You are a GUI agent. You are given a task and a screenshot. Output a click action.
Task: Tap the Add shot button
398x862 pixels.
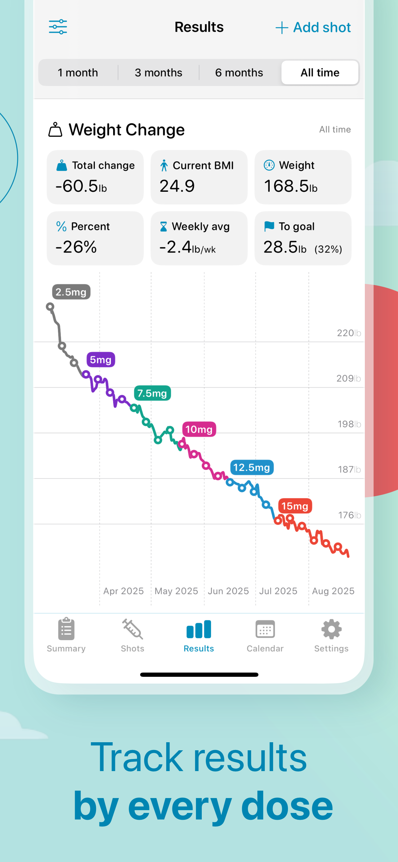(x=313, y=27)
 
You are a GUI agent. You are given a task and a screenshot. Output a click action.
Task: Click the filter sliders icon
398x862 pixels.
(x=58, y=27)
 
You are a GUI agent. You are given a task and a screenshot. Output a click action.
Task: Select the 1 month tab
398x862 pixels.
(x=78, y=73)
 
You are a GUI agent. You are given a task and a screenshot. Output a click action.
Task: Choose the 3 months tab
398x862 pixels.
(x=158, y=73)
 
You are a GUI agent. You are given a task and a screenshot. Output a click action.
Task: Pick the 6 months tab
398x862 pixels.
(x=239, y=73)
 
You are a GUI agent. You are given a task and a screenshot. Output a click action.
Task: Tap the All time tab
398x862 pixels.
(x=320, y=73)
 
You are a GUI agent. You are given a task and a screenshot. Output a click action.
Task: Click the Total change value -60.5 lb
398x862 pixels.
(x=81, y=186)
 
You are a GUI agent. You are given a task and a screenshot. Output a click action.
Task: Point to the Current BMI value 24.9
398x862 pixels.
(x=177, y=186)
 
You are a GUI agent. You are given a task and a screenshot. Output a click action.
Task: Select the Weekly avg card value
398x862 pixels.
(x=187, y=247)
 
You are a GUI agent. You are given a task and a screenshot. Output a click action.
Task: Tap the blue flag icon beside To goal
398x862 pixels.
(x=269, y=226)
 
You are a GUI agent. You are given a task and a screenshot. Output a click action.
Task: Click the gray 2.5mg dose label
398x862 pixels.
(x=71, y=292)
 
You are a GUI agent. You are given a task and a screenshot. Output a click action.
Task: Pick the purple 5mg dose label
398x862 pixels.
(x=101, y=360)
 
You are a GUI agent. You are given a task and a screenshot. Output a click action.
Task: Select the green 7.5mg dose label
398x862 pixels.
(x=153, y=393)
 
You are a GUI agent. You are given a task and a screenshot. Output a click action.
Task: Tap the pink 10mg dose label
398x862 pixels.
(x=199, y=429)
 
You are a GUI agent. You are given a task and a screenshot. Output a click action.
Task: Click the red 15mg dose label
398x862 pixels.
(x=295, y=506)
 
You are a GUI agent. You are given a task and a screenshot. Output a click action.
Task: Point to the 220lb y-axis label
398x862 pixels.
(x=348, y=333)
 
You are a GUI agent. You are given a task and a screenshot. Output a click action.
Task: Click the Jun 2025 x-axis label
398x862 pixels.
(x=228, y=591)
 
